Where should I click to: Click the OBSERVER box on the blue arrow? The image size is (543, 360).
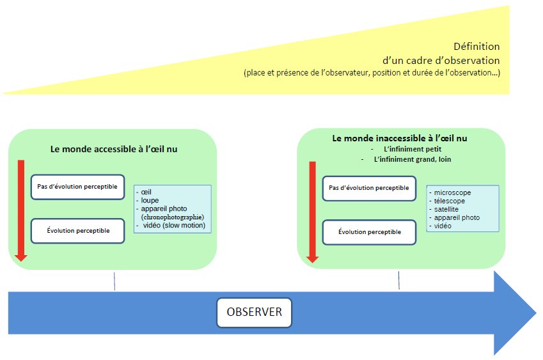[254, 312]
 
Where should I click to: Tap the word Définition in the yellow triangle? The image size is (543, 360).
[476, 47]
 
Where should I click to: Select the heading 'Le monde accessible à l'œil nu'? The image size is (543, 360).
[114, 149]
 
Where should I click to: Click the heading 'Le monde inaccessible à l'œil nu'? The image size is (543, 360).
[400, 139]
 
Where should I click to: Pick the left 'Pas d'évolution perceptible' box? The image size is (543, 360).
[77, 187]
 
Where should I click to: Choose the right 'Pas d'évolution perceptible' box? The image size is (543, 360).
[369, 188]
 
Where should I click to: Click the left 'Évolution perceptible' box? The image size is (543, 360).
[77, 231]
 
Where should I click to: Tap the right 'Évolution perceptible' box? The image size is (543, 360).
[369, 232]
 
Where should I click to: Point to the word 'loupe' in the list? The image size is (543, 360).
[150, 200]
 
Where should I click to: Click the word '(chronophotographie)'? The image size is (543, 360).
[173, 217]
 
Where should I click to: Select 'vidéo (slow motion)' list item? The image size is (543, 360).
[174, 225]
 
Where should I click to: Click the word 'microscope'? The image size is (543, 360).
[452, 192]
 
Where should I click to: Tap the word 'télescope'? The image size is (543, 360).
[450, 201]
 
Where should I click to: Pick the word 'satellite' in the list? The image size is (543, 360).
[446, 209]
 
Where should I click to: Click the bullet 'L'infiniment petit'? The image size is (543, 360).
[413, 149]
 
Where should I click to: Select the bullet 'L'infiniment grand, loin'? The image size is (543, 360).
[413, 160]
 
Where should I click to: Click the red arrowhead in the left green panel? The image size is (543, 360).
[21, 258]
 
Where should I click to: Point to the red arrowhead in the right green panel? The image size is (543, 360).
[313, 259]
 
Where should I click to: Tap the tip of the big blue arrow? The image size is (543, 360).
[537, 313]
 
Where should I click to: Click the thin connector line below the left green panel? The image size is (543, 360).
[114, 281]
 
